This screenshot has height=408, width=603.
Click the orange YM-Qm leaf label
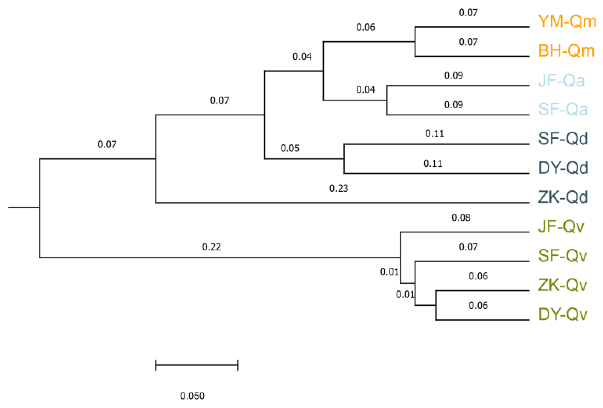[567, 22]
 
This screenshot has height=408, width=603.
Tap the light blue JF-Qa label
[561, 81]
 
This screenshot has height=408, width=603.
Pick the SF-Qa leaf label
[563, 109]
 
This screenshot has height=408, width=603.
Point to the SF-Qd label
[563, 139]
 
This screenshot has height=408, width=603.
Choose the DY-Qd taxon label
[563, 168]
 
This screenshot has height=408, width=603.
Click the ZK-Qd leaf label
[563, 197]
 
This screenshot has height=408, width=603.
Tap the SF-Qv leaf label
[562, 256]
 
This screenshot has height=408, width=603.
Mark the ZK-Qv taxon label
[562, 285]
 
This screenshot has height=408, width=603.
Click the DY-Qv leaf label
[562, 315]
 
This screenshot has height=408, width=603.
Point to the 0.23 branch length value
[339, 189]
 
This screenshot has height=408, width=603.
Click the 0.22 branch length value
[212, 247]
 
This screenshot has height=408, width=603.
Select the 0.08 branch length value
[461, 218]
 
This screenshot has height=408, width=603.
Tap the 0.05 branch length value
[290, 148]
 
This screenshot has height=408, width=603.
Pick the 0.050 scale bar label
[192, 396]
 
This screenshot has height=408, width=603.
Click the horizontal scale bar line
[197, 365]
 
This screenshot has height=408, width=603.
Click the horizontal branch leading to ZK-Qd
[342, 203]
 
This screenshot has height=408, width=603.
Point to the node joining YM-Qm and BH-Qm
[415, 42]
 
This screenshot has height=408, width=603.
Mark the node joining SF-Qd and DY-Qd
[344, 159]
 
